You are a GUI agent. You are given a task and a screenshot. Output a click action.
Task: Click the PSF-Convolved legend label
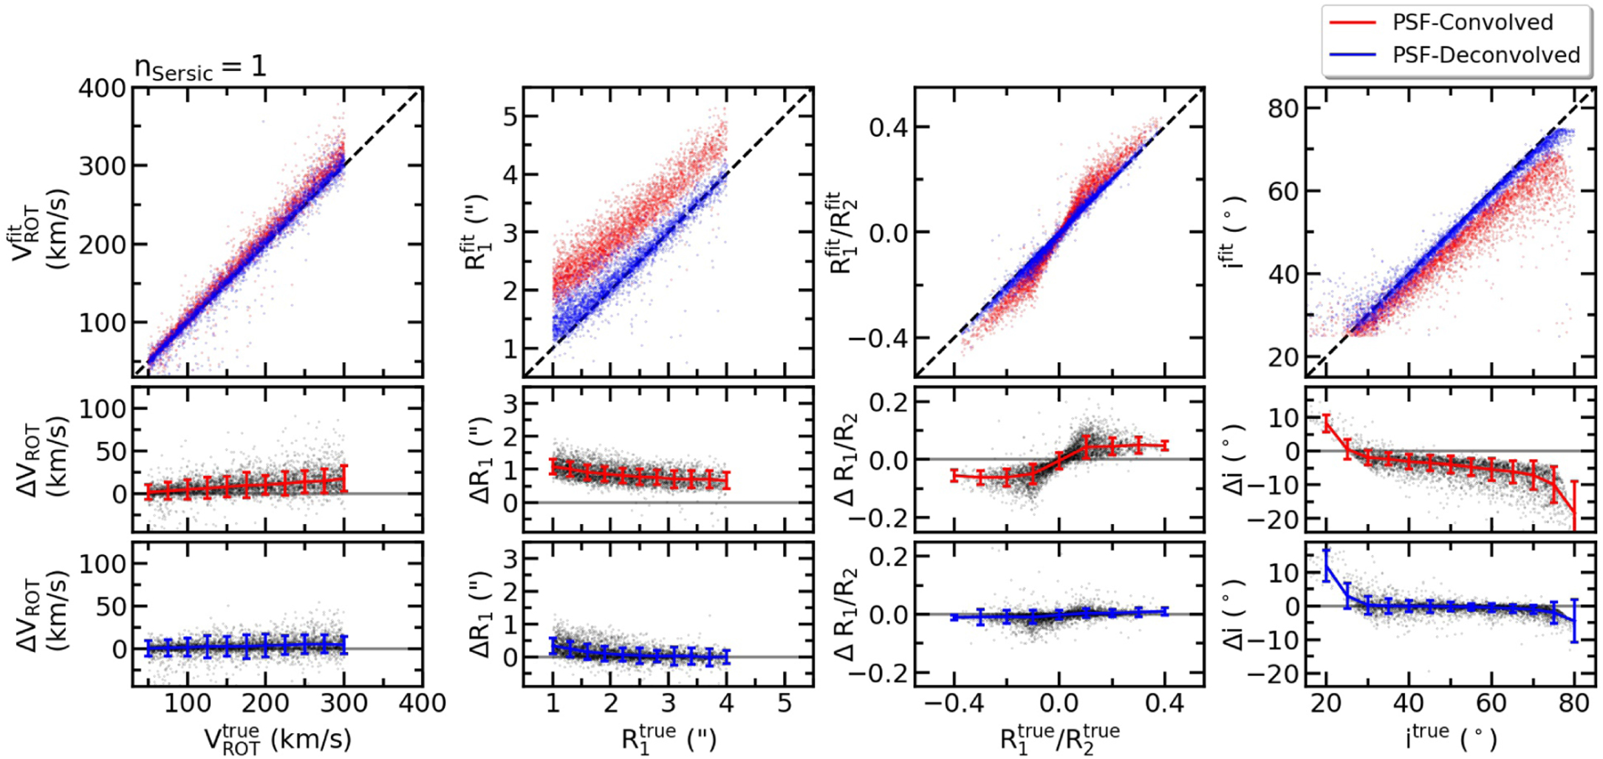tap(1472, 22)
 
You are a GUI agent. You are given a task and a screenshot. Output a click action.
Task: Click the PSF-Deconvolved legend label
tap(1486, 55)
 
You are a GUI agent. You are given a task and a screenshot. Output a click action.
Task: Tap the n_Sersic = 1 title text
tap(199, 68)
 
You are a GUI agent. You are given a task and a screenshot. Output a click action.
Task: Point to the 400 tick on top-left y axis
tap(102, 89)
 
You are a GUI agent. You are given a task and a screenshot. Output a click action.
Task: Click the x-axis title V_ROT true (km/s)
tap(278, 739)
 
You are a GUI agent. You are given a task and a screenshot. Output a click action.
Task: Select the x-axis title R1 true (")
tap(669, 739)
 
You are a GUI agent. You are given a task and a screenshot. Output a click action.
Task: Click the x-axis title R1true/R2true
tap(1059, 739)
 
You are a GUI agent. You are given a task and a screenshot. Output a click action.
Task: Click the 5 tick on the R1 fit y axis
tap(509, 117)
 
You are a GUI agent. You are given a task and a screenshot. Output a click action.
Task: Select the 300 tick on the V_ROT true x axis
tap(343, 703)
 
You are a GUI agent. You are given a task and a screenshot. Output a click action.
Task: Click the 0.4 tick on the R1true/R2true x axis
tap(1165, 703)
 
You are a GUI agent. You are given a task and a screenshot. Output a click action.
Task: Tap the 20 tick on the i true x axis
tap(1326, 703)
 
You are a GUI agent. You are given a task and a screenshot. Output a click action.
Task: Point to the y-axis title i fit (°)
tap(1232, 233)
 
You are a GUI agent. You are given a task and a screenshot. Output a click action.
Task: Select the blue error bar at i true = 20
tap(1327, 565)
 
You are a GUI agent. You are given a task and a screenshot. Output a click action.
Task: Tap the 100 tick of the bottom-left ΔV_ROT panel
tap(102, 564)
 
